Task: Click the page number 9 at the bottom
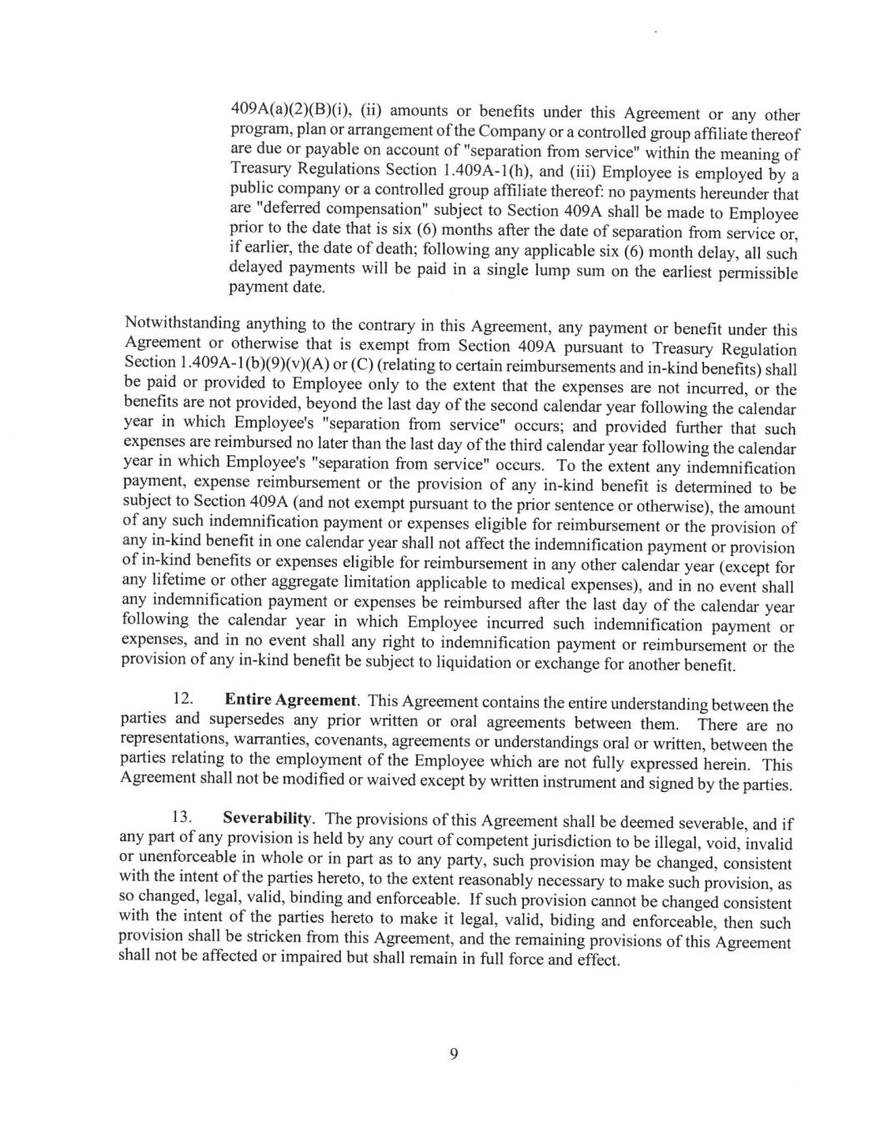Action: coord(454,1054)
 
